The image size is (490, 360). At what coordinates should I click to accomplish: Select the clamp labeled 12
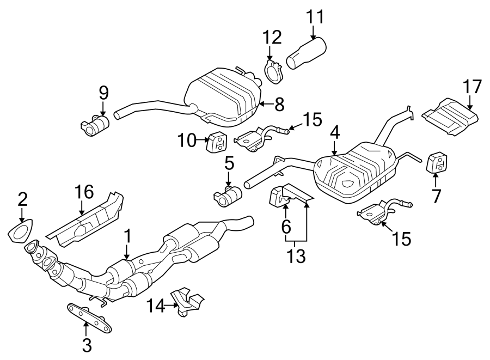[x=272, y=71]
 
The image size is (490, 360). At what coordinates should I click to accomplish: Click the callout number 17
[x=473, y=87]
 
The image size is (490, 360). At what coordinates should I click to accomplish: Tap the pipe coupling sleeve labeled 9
[x=97, y=125]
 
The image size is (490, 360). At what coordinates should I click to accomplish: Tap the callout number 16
[x=84, y=192]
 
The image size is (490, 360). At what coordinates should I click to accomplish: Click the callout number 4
[x=334, y=132]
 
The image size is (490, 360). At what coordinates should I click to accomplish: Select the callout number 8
[x=279, y=104]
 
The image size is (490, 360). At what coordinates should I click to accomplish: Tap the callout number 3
[x=86, y=344]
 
